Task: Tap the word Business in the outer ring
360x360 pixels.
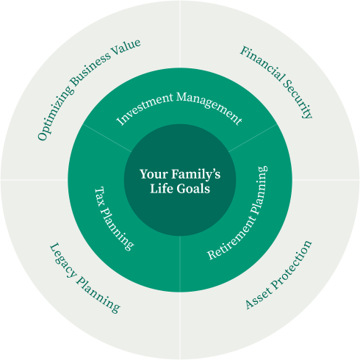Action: (x=90, y=69)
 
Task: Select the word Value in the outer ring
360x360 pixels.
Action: (x=126, y=48)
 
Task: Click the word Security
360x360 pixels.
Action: (x=298, y=100)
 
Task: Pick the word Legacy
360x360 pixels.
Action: (x=63, y=261)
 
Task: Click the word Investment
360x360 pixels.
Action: (x=145, y=108)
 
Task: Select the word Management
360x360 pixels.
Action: (x=209, y=107)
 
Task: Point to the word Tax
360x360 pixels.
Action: (x=100, y=197)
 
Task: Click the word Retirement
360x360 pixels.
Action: (x=228, y=240)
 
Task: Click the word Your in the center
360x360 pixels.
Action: (x=154, y=174)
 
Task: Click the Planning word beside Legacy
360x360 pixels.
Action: (x=98, y=295)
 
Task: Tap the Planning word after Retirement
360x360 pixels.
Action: (x=259, y=190)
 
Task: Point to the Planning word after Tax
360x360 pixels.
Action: (x=117, y=229)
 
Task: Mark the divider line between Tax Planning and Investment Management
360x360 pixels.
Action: (x=107, y=138)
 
